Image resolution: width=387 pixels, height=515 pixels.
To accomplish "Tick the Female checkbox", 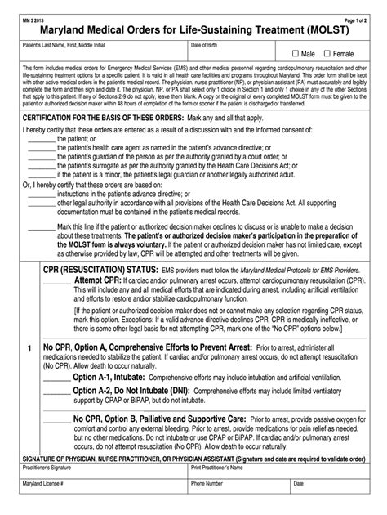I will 327,53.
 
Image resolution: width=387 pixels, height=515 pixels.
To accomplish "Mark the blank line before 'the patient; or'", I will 41,140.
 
